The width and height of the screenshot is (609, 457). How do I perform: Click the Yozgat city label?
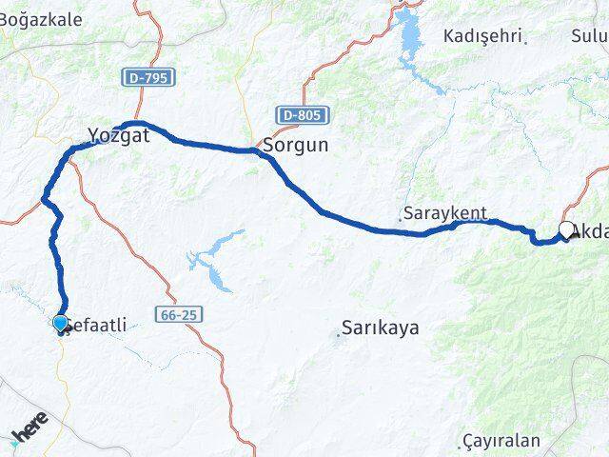tap(119, 136)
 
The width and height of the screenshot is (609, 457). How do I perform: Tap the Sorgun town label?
tap(295, 147)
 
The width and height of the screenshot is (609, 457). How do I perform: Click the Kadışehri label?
tap(482, 36)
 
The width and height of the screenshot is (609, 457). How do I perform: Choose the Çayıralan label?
tap(503, 441)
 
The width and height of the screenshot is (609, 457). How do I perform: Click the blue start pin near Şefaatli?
tap(61, 324)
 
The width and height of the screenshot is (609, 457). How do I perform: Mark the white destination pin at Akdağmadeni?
tap(567, 229)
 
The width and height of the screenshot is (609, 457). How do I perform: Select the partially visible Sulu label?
tap(590, 36)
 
